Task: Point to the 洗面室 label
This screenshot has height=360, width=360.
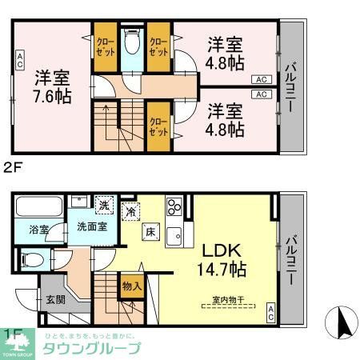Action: tap(92, 226)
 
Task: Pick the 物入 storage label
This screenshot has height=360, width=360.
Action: tap(133, 285)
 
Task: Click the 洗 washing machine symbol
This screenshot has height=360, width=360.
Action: tap(104, 205)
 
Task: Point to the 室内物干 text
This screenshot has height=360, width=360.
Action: tap(228, 302)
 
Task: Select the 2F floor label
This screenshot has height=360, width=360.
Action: tap(12, 167)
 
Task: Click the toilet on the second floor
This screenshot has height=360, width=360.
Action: tap(132, 42)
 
